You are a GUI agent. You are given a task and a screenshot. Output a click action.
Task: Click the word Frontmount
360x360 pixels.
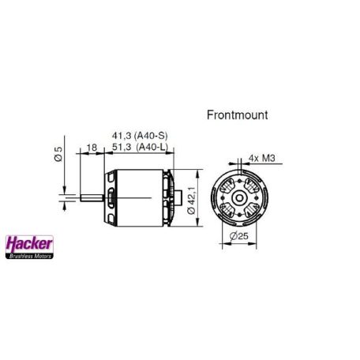tap(237, 114)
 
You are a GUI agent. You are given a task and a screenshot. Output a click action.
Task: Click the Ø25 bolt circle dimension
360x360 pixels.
tap(237, 234)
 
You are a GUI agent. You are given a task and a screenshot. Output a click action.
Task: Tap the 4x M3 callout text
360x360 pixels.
tap(261, 158)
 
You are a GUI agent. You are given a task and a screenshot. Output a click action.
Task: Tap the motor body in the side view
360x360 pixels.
tap(134, 195)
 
